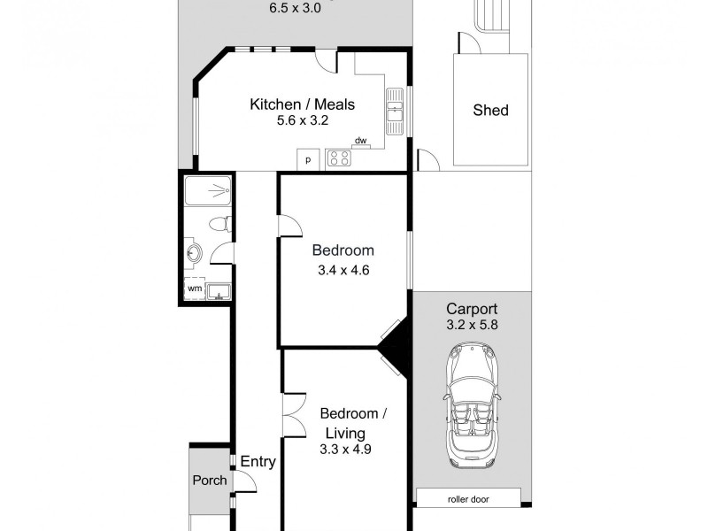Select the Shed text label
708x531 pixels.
(490, 111)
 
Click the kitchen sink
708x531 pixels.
(395, 110)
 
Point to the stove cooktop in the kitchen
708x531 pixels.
(338, 158)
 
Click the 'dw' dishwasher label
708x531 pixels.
(360, 141)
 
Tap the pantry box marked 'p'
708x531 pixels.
(308, 159)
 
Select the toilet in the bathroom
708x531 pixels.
(222, 224)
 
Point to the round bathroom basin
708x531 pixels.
(195, 255)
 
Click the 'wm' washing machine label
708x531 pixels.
(194, 289)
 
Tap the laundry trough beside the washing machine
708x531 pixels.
(219, 290)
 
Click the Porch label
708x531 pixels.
(210, 481)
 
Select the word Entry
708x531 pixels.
(258, 462)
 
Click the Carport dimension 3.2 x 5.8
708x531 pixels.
(472, 325)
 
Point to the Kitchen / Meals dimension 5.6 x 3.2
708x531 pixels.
(302, 120)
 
